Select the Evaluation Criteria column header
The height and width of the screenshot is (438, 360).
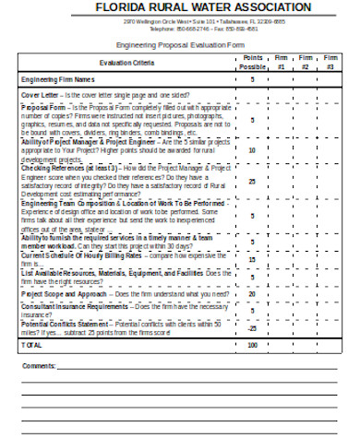pos(126,63)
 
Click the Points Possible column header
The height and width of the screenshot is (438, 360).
pos(252,63)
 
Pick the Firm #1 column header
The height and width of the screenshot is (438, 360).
pos(282,63)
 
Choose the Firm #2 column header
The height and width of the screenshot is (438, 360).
pos(306,63)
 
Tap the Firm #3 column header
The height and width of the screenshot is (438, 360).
pos(330,63)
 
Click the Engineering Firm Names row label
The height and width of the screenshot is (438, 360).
pos(55,80)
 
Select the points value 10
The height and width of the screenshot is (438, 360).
pos(252,149)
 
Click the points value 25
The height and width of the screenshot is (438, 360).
pos(252,182)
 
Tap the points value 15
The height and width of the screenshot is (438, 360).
pos(252,260)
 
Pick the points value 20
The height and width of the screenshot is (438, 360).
pos(252,294)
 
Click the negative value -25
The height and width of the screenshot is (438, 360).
pos(252,328)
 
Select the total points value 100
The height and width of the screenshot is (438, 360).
pos(252,346)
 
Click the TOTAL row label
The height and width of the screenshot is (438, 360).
pos(32,346)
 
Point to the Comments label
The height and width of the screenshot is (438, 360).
pos(39,366)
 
